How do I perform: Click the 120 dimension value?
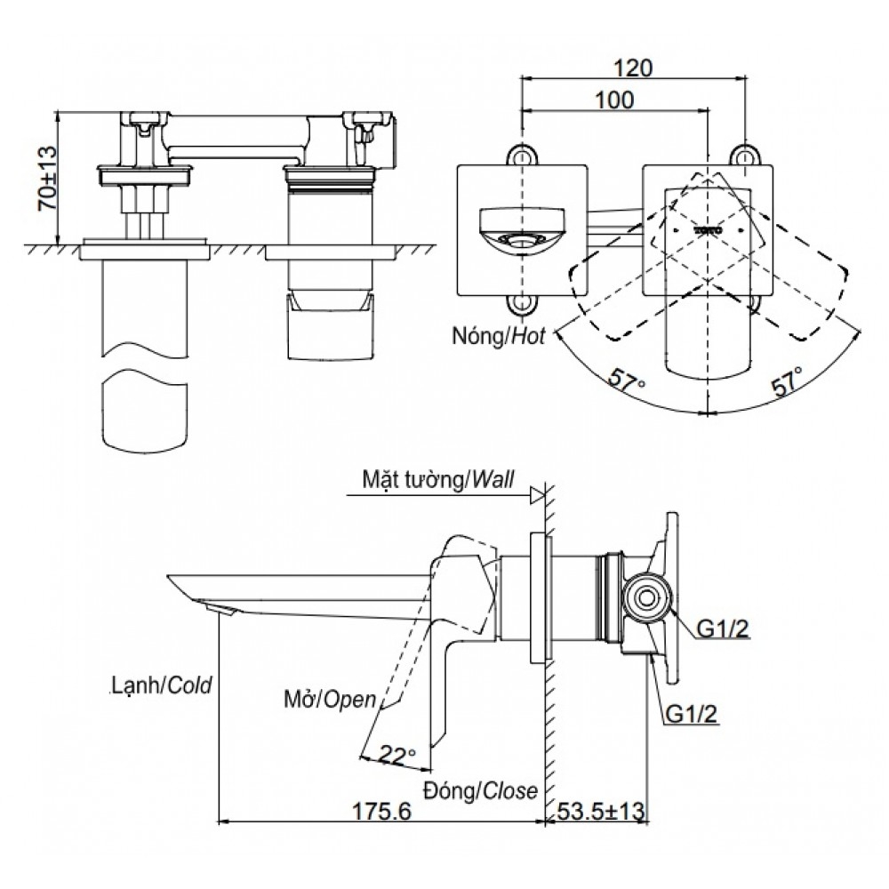tap(633, 68)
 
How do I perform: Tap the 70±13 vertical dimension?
tap(47, 178)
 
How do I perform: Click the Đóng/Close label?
tap(480, 789)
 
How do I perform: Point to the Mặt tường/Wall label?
tap(438, 480)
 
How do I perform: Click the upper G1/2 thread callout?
tap(723, 629)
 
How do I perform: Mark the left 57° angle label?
tap(627, 383)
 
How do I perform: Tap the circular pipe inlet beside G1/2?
tap(647, 598)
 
